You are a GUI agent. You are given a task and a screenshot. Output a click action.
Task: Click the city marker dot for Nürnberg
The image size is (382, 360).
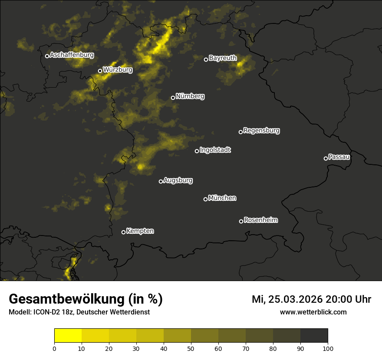point(173,98)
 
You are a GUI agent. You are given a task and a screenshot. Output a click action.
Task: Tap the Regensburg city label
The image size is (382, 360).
point(261,130)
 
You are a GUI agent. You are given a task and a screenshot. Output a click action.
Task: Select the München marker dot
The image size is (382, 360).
point(205,199)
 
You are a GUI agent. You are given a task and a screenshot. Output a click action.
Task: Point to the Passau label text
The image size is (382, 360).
point(339,157)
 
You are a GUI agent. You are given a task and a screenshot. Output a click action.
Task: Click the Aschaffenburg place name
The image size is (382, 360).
point(72,55)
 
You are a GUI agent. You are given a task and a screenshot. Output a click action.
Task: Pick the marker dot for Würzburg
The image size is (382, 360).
point(100,71)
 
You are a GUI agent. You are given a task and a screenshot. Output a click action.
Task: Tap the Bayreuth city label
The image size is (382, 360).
point(223,58)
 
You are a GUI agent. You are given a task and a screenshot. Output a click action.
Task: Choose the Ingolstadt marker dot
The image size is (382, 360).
point(197,151)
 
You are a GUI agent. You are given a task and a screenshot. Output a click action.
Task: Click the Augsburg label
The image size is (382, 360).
point(178,180)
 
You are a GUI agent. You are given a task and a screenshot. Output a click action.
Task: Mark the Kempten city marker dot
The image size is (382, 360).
point(123,232)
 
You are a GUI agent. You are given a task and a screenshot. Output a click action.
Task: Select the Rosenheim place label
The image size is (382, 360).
point(260,220)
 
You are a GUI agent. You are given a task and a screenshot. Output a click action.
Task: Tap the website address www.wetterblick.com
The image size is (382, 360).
point(313,312)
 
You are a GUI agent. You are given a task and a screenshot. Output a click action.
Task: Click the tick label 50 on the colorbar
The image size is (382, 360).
point(191,348)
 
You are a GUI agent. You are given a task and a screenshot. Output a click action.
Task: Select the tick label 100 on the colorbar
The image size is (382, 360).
point(328,348)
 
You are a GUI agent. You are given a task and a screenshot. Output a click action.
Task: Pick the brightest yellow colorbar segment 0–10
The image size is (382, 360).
point(68,336)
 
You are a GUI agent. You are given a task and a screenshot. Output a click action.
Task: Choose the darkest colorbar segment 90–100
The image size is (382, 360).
point(314,336)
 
